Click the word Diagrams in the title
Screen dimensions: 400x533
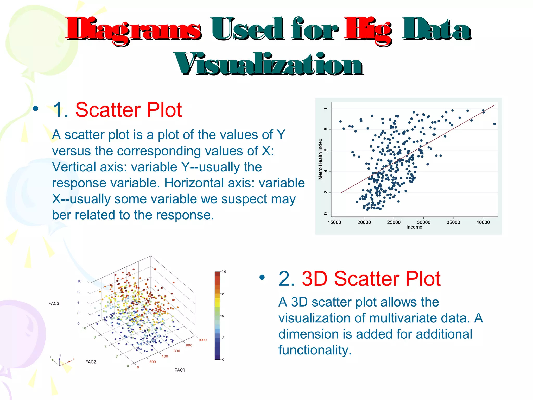(133, 29)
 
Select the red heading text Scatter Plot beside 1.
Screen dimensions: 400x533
(128, 110)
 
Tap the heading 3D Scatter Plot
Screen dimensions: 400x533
(371, 279)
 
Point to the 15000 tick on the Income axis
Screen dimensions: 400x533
(334, 222)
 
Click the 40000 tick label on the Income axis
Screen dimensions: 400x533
(483, 222)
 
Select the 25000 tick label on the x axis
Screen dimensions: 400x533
(394, 222)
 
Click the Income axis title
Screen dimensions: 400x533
(414, 227)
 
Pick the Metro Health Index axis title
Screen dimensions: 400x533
(320, 159)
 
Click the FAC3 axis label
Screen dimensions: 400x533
(54, 303)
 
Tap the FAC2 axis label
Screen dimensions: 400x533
(91, 362)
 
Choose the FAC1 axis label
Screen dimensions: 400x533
(180, 370)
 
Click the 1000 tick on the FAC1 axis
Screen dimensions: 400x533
(202, 340)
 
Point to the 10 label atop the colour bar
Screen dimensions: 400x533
(224, 272)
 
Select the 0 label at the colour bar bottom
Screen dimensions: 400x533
(223, 360)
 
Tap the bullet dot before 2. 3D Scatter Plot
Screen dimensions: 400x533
(262, 278)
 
